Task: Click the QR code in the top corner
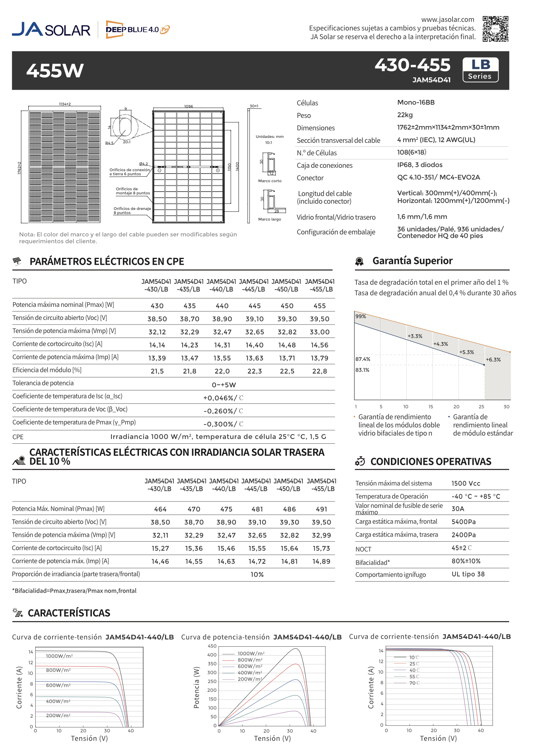coord(495,29)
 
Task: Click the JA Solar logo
coord(51,30)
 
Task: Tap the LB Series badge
coord(480,70)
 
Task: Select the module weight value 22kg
coord(405,115)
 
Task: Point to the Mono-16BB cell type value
coord(416,102)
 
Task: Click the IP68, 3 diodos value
coord(420,165)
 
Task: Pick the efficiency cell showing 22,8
coord(319,371)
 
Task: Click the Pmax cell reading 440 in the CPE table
coord(222,306)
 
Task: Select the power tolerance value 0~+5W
coord(224,385)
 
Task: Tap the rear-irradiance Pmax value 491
coord(322,509)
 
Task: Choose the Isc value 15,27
coord(160,549)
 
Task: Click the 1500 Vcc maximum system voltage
coord(465,484)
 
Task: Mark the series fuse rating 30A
coord(458,509)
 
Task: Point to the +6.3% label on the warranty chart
coord(493,360)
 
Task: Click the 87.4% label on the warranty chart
coord(363,359)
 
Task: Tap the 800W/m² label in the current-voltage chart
coord(58,670)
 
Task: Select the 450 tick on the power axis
coord(212,646)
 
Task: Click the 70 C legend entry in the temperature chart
coord(414,683)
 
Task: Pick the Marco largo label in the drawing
coord(269,220)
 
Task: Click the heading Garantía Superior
coord(412,261)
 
